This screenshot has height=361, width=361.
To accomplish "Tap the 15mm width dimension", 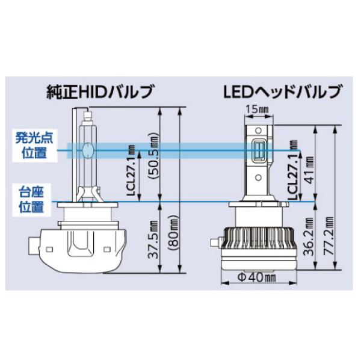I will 259,109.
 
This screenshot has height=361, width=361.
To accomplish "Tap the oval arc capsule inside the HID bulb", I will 88,148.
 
